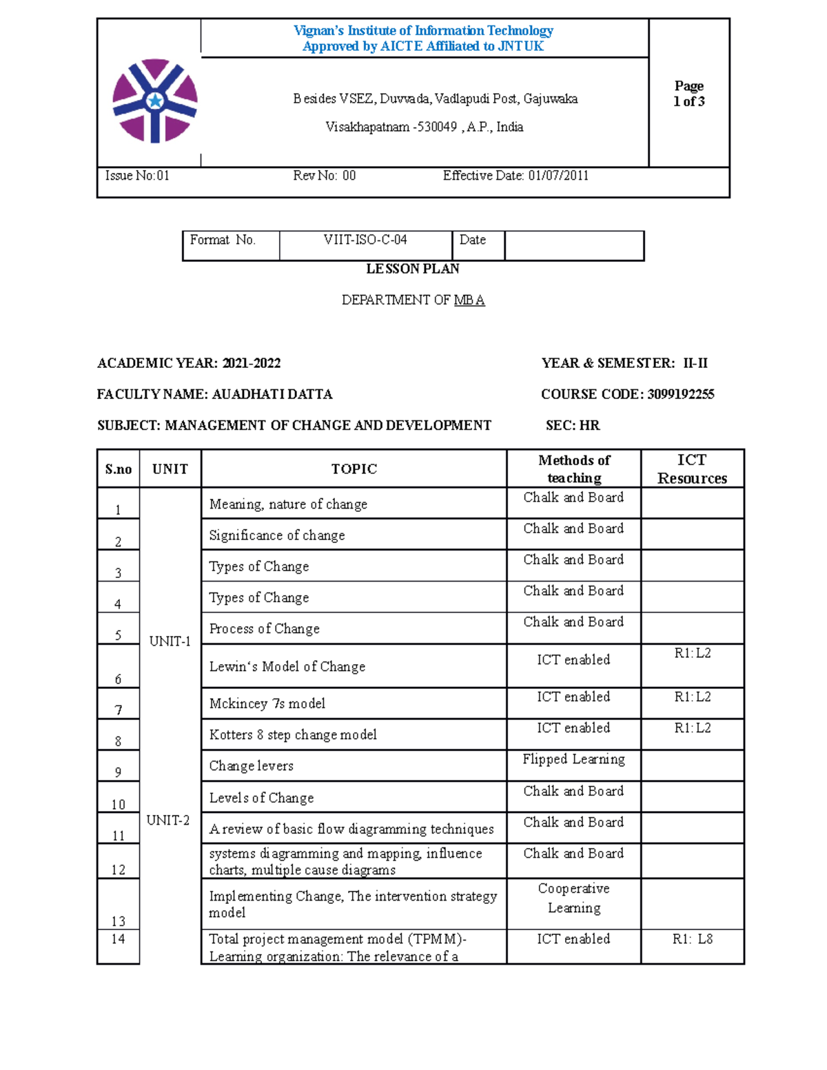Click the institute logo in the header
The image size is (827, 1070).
coord(155,101)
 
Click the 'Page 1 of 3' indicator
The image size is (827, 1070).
coord(688,94)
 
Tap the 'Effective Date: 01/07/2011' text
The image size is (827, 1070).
coord(515,176)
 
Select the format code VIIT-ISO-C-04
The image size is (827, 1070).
coord(365,240)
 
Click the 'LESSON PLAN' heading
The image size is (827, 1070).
coord(412,269)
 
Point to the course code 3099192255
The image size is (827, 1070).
coord(680,394)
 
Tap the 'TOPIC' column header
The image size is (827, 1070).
coord(354,469)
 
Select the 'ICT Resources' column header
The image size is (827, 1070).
coord(692,469)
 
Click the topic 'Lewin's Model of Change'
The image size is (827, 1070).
coord(287,666)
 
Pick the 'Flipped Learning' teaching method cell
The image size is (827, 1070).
coord(573,759)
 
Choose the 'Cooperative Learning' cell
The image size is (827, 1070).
coord(573,898)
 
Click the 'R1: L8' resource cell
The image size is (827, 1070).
coord(692,939)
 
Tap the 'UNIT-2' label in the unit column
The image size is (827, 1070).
coord(168,821)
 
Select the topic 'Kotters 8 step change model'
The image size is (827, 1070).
coord(293,734)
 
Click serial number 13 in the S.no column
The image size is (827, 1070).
coord(119,921)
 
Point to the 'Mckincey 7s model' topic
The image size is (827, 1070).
coord(267,703)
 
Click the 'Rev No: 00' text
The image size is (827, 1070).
coord(324,176)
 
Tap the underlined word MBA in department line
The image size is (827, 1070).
coord(469,300)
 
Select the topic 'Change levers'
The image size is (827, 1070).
coord(251,766)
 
